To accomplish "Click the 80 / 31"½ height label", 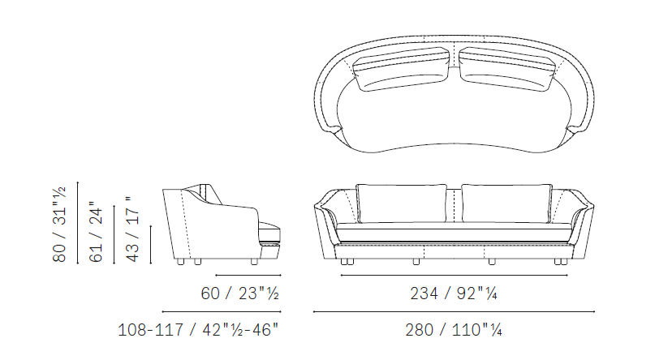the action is pos(59,225).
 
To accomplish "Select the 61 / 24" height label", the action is pos(96,232).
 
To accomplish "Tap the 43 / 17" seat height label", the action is pos(132,229).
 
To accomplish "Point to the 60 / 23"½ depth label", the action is pos(239,293).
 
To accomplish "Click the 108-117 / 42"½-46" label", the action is pos(198,330).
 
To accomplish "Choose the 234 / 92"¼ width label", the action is pos(454,293).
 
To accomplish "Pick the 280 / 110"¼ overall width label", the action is pos(454,330).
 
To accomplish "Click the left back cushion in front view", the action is pos(402,203).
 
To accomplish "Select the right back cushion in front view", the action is pos(506,203).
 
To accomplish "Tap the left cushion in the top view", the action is pos(401,69).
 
